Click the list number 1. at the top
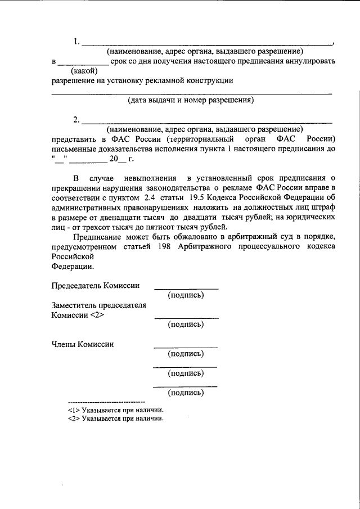(x=76, y=42)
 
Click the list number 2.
(x=76, y=120)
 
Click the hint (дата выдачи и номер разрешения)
(x=191, y=101)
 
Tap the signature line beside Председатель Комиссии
(x=186, y=288)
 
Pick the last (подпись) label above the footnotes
(x=186, y=393)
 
